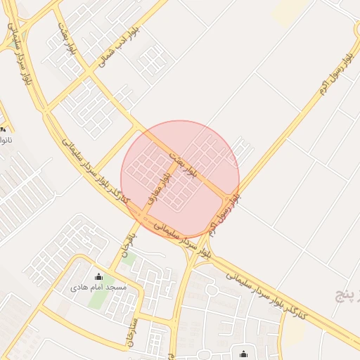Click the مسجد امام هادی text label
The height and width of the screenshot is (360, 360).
(98, 288)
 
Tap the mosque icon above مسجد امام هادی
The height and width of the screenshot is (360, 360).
(98, 277)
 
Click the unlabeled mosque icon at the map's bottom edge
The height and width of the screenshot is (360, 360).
(243, 354)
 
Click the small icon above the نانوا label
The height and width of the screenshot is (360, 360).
(4, 129)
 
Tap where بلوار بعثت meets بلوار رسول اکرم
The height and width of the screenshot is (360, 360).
(226, 195)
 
